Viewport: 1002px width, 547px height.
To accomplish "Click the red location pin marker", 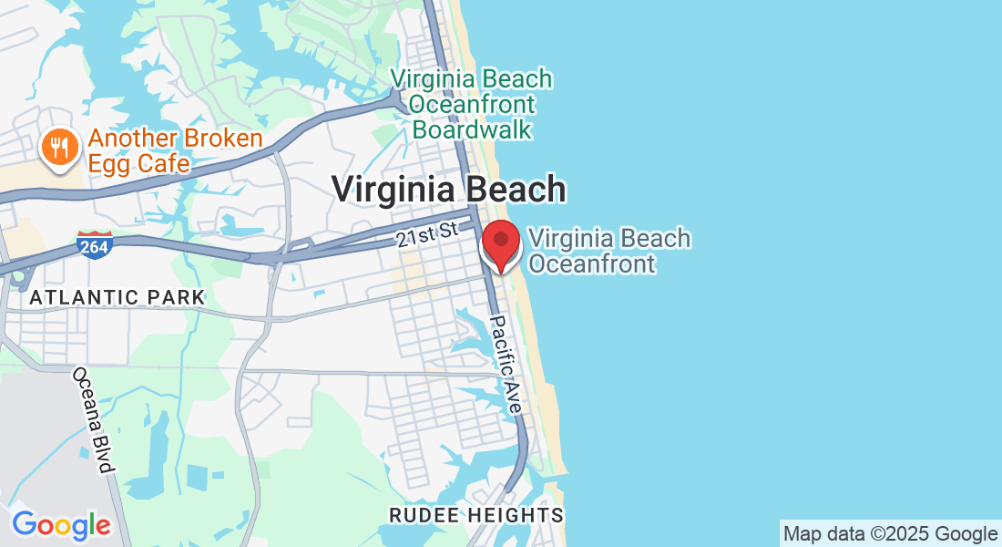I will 500,243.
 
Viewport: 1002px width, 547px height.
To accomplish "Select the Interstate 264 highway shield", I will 95,243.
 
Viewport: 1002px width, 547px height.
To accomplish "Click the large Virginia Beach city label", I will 448,190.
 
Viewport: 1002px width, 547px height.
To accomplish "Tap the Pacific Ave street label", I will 506,365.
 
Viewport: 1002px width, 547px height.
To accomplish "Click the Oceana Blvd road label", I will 93,420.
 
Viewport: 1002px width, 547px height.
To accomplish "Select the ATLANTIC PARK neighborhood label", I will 118,297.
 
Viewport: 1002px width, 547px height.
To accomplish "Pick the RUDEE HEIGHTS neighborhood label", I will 476,515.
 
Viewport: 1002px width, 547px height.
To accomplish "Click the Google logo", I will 61,525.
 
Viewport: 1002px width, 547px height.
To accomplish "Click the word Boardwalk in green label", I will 472,129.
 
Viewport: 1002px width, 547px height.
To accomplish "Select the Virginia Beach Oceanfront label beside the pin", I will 609,251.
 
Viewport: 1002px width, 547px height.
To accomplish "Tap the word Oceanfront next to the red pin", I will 592,264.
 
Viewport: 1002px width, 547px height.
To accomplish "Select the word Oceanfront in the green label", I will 473,104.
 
